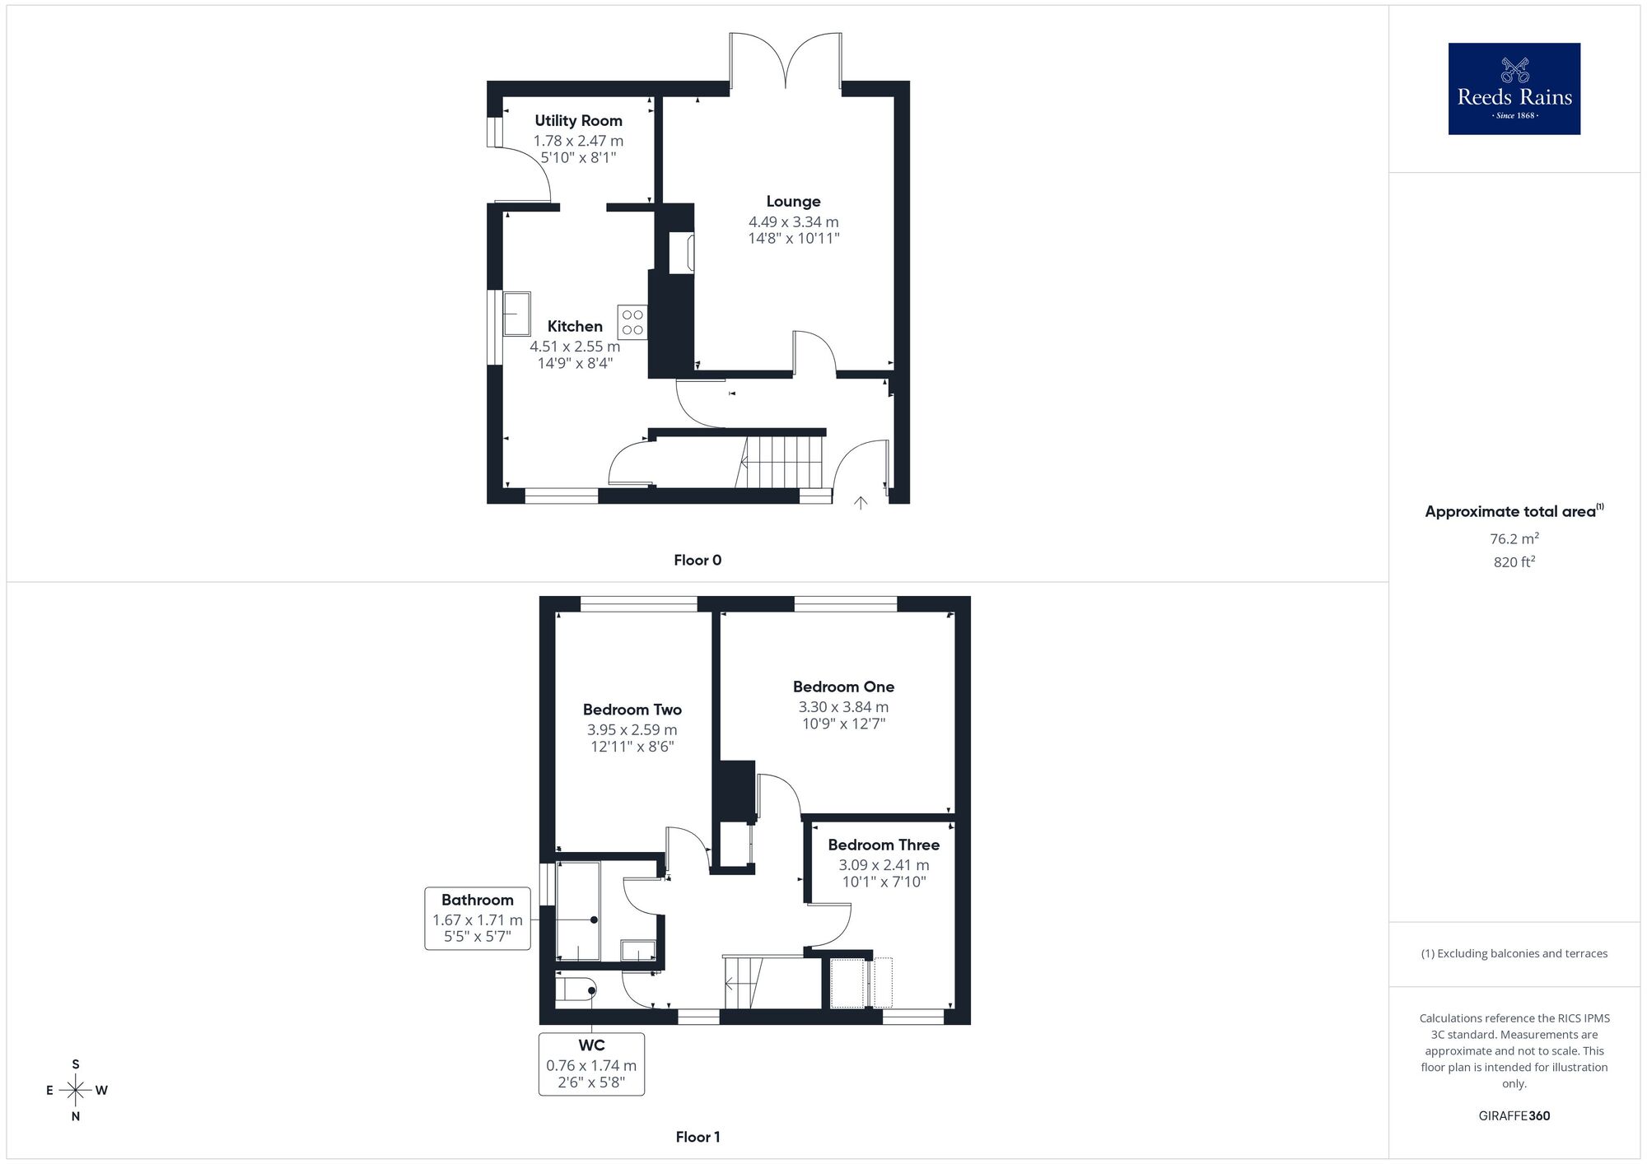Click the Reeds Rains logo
click(1514, 89)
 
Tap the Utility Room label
click(578, 121)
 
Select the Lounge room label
click(793, 202)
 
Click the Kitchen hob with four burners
click(632, 323)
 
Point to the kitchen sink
click(517, 314)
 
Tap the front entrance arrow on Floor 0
click(861, 502)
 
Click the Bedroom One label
click(843, 687)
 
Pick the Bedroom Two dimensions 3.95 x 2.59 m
click(632, 730)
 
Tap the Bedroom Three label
click(884, 845)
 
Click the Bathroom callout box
click(478, 919)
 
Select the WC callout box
click(591, 1064)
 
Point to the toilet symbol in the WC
click(576, 989)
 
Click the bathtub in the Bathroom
click(578, 911)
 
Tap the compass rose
click(76, 1091)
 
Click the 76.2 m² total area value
click(1514, 539)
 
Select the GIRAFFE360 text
click(1514, 1116)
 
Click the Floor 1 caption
click(698, 1138)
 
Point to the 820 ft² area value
click(1514, 563)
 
